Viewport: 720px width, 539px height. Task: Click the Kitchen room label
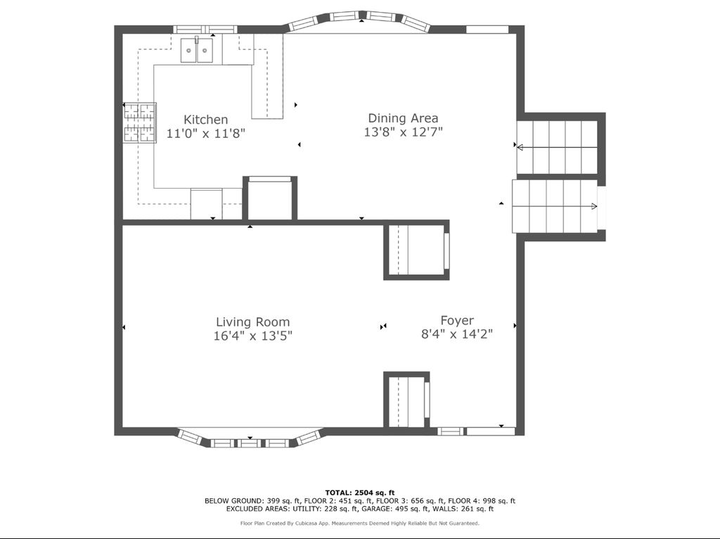coord(206,120)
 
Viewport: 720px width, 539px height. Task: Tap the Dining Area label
coord(403,118)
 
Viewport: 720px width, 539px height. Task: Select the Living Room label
coord(253,322)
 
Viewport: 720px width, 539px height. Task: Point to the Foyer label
coord(457,321)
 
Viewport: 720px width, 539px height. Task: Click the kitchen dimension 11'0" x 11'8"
coord(206,134)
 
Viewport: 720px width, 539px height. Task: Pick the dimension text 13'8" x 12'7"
coord(403,132)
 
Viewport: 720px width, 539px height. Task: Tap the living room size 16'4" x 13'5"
coord(253,336)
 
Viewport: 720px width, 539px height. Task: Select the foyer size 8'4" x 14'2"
coord(457,334)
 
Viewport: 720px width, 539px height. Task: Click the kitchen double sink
coord(197,50)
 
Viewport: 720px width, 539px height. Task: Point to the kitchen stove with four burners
coord(140,122)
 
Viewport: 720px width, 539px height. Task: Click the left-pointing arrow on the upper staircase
coord(557,148)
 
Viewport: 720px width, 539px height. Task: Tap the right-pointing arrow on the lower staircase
coord(555,206)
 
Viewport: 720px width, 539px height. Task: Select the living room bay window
coord(250,438)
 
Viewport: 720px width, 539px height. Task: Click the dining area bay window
coord(359,20)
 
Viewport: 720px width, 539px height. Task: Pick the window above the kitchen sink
coord(205,30)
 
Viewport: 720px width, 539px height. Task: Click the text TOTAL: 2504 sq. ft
coord(360,493)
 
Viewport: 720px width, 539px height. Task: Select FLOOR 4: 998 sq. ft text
coord(482,501)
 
